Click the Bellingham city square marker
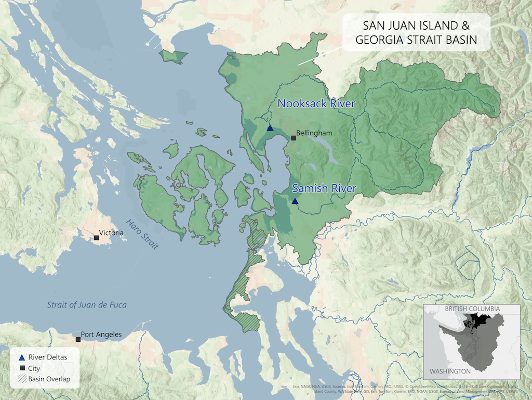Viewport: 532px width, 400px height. [x=294, y=138]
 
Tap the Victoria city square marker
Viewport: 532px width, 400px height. [x=96, y=238]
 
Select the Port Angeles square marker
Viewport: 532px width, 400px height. [x=78, y=339]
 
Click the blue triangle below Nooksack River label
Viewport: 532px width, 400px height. [x=270, y=128]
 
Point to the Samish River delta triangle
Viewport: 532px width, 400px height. [x=295, y=201]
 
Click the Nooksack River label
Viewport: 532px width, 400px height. [x=316, y=104]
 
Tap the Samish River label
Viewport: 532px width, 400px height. [x=324, y=188]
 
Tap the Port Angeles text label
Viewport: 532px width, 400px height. [x=101, y=334]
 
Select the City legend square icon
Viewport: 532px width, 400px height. [x=21, y=368]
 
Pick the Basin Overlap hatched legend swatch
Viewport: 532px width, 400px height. [x=21, y=379]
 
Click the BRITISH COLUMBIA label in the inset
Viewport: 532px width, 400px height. [x=472, y=308]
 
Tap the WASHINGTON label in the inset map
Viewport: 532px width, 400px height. [x=449, y=371]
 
